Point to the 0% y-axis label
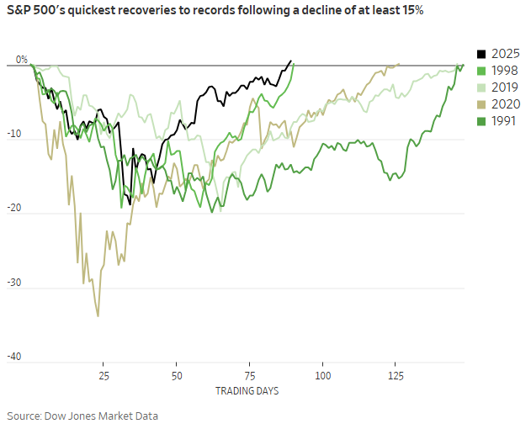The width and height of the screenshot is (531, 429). pos(22,60)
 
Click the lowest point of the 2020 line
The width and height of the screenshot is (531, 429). pos(98,316)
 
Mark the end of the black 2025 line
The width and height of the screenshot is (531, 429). pos(291,61)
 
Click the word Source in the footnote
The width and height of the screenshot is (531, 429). pos(25,416)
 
